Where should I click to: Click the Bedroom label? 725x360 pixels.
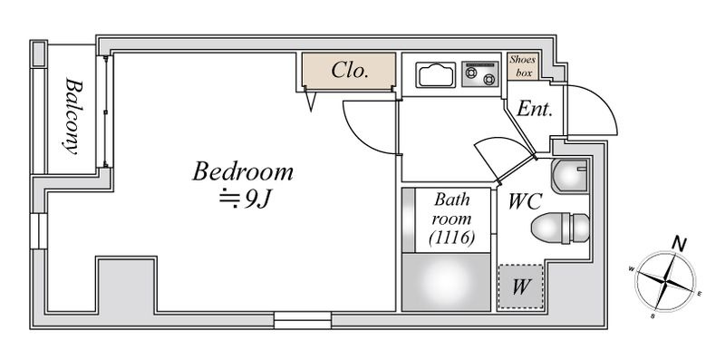click(x=243, y=171)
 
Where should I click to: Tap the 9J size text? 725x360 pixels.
click(x=244, y=199)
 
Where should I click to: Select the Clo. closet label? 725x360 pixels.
click(x=350, y=71)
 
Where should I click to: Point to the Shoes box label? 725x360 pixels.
click(x=523, y=65)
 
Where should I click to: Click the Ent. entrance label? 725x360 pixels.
click(x=535, y=109)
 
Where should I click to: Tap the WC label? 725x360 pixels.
click(x=525, y=201)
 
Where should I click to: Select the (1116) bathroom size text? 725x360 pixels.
click(x=451, y=238)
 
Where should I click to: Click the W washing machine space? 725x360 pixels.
click(x=520, y=287)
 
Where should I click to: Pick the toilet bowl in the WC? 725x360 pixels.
click(x=560, y=228)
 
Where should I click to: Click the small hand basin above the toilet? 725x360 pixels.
click(x=570, y=176)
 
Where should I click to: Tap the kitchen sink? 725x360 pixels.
click(x=435, y=74)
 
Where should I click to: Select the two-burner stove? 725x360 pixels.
click(x=480, y=74)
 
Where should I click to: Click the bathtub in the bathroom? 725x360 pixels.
click(x=446, y=282)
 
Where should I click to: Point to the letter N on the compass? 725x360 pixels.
click(x=679, y=244)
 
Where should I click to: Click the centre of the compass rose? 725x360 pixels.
click(x=665, y=280)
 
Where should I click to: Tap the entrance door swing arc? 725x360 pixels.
click(x=604, y=102)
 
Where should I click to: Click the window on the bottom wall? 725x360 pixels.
click(x=303, y=320)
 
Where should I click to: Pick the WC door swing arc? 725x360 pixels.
click(x=502, y=140)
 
